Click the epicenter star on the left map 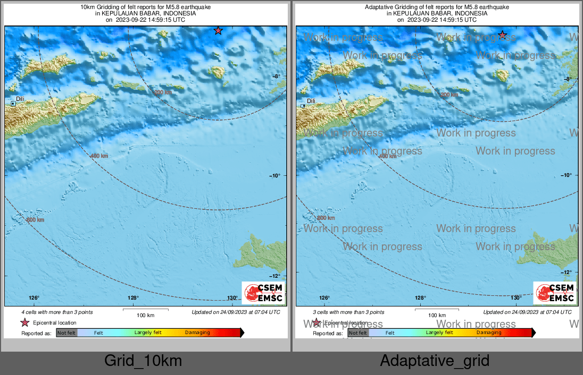tap(218, 31)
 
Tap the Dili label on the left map tap(20, 99)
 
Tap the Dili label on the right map tap(311, 101)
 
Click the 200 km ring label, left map tap(163, 92)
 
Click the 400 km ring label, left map tap(99, 156)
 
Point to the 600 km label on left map tap(35, 220)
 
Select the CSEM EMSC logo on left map tap(263, 293)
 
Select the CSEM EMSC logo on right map tap(555, 293)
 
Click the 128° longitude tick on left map tap(133, 298)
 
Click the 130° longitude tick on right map tap(516, 298)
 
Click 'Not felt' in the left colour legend tap(66, 333)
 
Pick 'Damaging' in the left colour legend tap(197, 333)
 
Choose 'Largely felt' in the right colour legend tap(439, 333)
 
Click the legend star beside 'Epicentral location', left tap(24, 322)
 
